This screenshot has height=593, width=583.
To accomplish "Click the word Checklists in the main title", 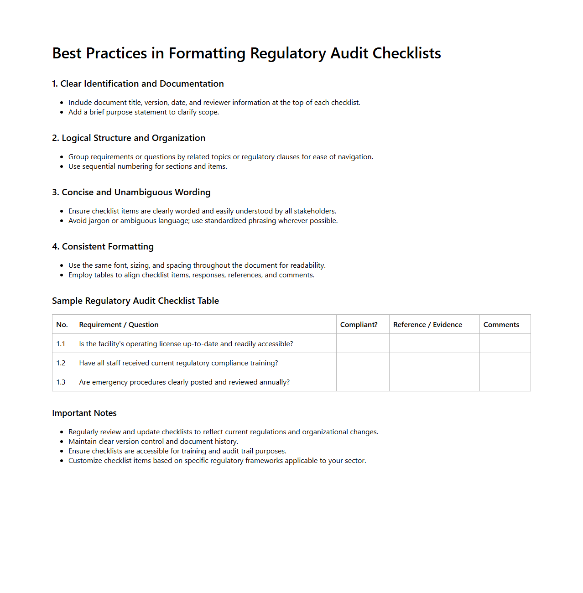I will pyautogui.click(x=406, y=53).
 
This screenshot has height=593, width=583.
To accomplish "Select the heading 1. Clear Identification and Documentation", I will pyautogui.click(x=138, y=84).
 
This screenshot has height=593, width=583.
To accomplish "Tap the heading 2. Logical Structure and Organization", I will pyautogui.click(x=129, y=138).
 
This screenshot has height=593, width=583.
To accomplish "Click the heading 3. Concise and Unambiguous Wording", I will pyautogui.click(x=131, y=192).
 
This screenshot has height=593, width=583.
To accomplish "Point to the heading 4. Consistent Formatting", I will pyautogui.click(x=103, y=247).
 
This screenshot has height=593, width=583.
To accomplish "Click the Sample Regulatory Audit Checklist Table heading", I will pyautogui.click(x=135, y=301).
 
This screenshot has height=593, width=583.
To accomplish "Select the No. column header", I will pyautogui.click(x=62, y=325).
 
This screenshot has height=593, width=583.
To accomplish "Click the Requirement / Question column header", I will pyautogui.click(x=119, y=325).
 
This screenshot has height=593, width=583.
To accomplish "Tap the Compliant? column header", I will pyautogui.click(x=359, y=325).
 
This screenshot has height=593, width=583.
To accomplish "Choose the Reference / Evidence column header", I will pyautogui.click(x=427, y=325).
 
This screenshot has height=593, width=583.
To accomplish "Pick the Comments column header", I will pyautogui.click(x=501, y=325).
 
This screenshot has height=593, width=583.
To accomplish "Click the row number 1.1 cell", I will pyautogui.click(x=61, y=344).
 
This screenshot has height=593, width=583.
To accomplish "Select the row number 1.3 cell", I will pyautogui.click(x=61, y=382).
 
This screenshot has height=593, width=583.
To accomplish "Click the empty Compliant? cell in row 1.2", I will pyautogui.click(x=363, y=363).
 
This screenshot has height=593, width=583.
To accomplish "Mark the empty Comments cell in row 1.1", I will pyautogui.click(x=505, y=344).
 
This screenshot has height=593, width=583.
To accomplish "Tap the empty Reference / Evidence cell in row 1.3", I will pyautogui.click(x=434, y=382).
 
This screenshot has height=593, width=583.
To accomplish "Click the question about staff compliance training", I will pyautogui.click(x=178, y=363).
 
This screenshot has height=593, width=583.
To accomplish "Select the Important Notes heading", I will pyautogui.click(x=84, y=413).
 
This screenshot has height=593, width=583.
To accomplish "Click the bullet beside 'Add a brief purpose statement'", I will pyautogui.click(x=62, y=113).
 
